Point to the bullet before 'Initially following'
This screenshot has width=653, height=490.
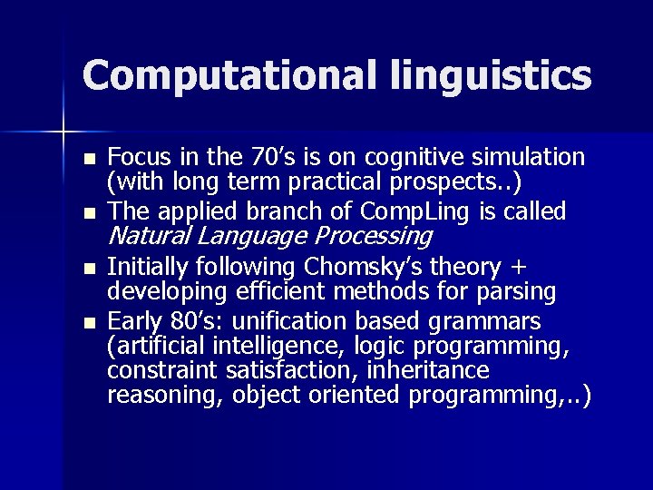(88, 269)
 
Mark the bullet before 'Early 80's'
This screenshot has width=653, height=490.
(88, 323)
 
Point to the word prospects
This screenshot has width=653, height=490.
(447, 182)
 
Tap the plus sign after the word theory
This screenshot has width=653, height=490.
(520, 268)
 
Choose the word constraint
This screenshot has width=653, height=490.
(159, 370)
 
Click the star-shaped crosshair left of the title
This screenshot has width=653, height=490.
(63, 132)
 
